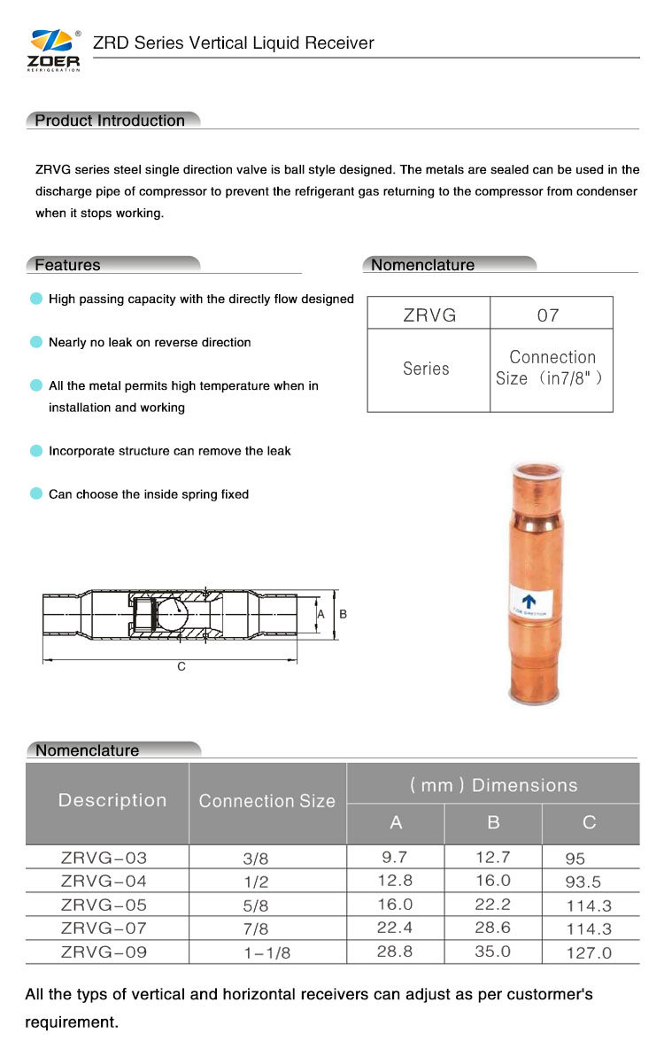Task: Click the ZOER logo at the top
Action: [55, 49]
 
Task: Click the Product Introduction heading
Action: [110, 120]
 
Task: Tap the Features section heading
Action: [67, 265]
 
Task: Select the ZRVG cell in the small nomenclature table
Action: [429, 315]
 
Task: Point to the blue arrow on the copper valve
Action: [529, 602]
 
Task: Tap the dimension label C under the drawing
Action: [181, 666]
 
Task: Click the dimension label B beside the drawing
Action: [343, 613]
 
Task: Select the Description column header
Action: [112, 800]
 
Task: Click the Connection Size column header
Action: [266, 801]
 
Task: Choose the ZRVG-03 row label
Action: [104, 858]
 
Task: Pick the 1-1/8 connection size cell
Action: [266, 952]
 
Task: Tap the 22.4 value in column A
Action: [395, 929]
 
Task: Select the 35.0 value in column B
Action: [493, 952]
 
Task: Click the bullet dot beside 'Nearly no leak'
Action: [36, 342]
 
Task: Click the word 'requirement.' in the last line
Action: [71, 1022]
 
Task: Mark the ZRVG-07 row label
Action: [104, 929]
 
